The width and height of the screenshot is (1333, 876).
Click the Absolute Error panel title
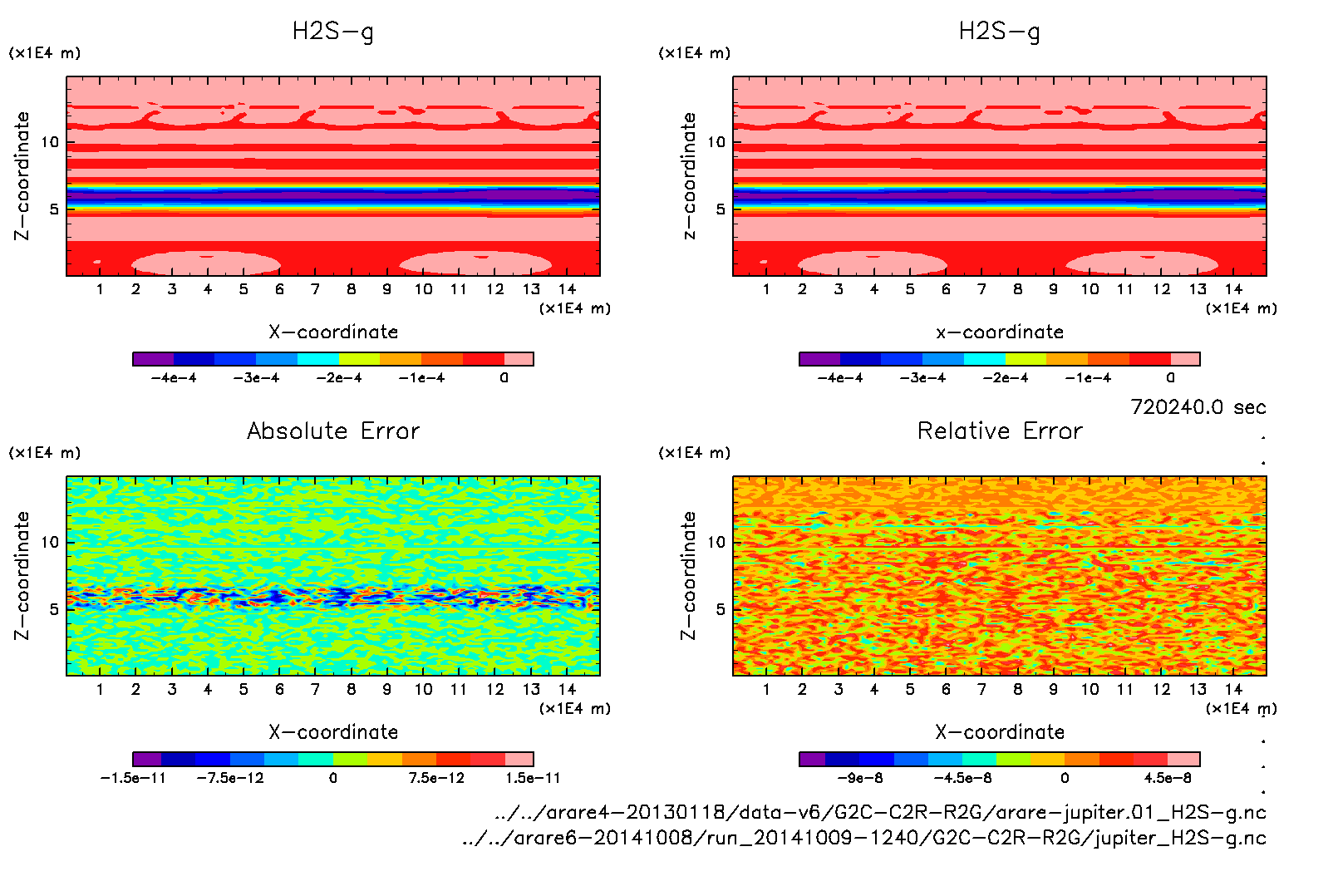pyautogui.click(x=333, y=431)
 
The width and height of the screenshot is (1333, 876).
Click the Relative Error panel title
pyautogui.click(x=1000, y=431)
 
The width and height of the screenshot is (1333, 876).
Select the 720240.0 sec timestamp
pyautogui.click(x=1198, y=407)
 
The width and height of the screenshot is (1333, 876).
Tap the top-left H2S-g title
pyautogui.click(x=332, y=32)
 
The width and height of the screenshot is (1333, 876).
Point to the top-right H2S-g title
pyautogui.click(x=999, y=32)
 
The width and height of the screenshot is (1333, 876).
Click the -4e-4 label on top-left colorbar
pyautogui.click(x=174, y=378)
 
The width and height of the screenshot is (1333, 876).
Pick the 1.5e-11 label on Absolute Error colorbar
pyautogui.click(x=534, y=778)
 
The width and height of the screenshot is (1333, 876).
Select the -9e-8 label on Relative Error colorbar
pyautogui.click(x=860, y=778)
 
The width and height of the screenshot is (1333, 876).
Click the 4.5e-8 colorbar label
pyautogui.click(x=1168, y=778)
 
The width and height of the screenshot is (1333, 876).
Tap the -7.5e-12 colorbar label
pyautogui.click(x=230, y=778)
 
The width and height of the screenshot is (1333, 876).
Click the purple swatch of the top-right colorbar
pyautogui.click(x=819, y=359)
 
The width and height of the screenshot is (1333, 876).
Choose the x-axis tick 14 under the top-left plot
pyautogui.click(x=567, y=289)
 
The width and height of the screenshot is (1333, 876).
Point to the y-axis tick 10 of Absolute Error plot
pyautogui.click(x=50, y=542)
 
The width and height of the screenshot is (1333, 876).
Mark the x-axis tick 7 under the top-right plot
pyautogui.click(x=981, y=289)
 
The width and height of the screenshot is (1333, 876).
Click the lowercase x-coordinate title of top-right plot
pyautogui.click(x=1000, y=332)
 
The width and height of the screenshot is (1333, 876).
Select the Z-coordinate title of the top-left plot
pyautogui.click(x=22, y=176)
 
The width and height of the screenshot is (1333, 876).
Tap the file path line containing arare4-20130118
pyautogui.click(x=879, y=812)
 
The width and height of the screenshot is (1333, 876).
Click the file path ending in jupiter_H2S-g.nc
pyautogui.click(x=864, y=838)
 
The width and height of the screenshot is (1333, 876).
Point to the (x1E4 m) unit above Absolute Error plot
pyautogui.click(x=45, y=453)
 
